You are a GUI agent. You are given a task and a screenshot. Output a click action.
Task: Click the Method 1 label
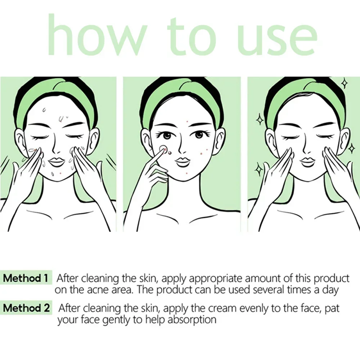tap(26, 278)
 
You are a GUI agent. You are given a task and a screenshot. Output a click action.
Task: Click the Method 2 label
tap(27, 308)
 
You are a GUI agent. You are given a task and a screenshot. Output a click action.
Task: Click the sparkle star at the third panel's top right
tap(344, 84)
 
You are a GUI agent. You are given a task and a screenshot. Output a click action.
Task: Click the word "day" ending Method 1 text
tap(330, 290)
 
